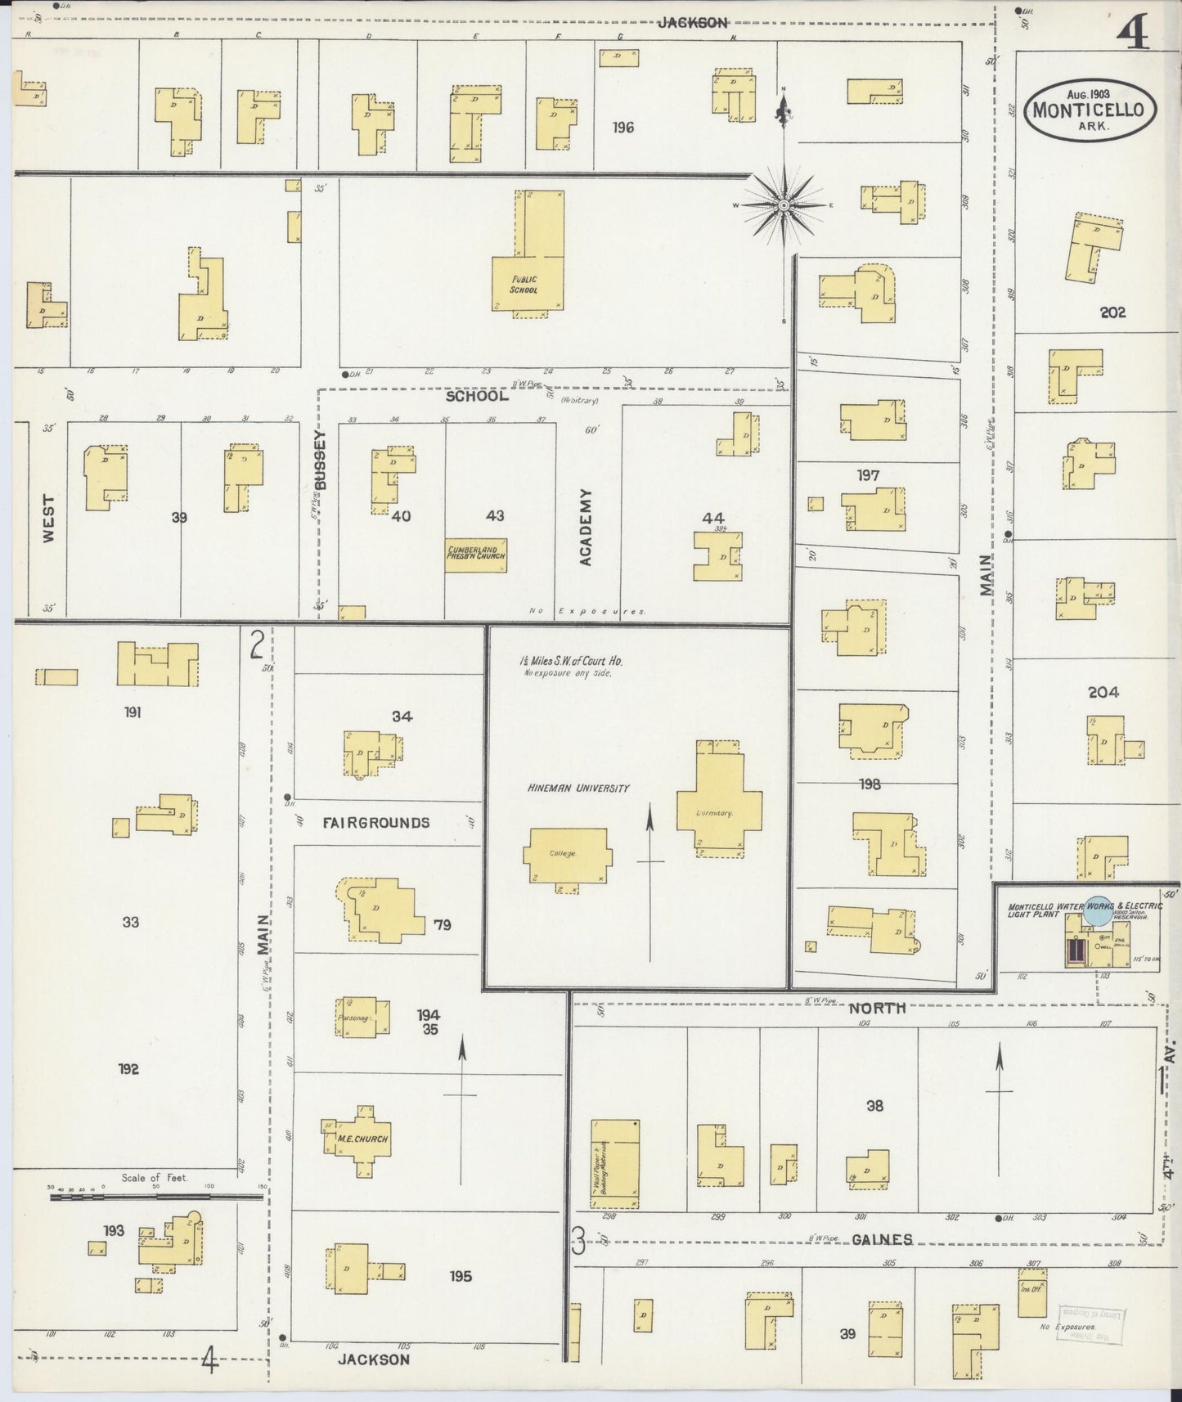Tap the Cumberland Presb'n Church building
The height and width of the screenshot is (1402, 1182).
[x=476, y=555]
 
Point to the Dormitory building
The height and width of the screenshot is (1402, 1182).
[x=719, y=800]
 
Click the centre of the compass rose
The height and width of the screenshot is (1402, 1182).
[x=784, y=205]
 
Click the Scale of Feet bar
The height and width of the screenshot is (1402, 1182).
[x=155, y=1197]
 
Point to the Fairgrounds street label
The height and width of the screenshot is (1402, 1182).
[x=375, y=823]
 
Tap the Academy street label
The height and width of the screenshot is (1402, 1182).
[x=586, y=528]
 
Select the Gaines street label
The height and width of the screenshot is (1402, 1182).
[x=881, y=1239]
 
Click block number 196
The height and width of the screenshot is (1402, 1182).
[x=623, y=127]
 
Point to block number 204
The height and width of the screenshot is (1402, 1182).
[x=1103, y=692]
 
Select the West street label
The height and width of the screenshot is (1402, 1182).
[x=49, y=519]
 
